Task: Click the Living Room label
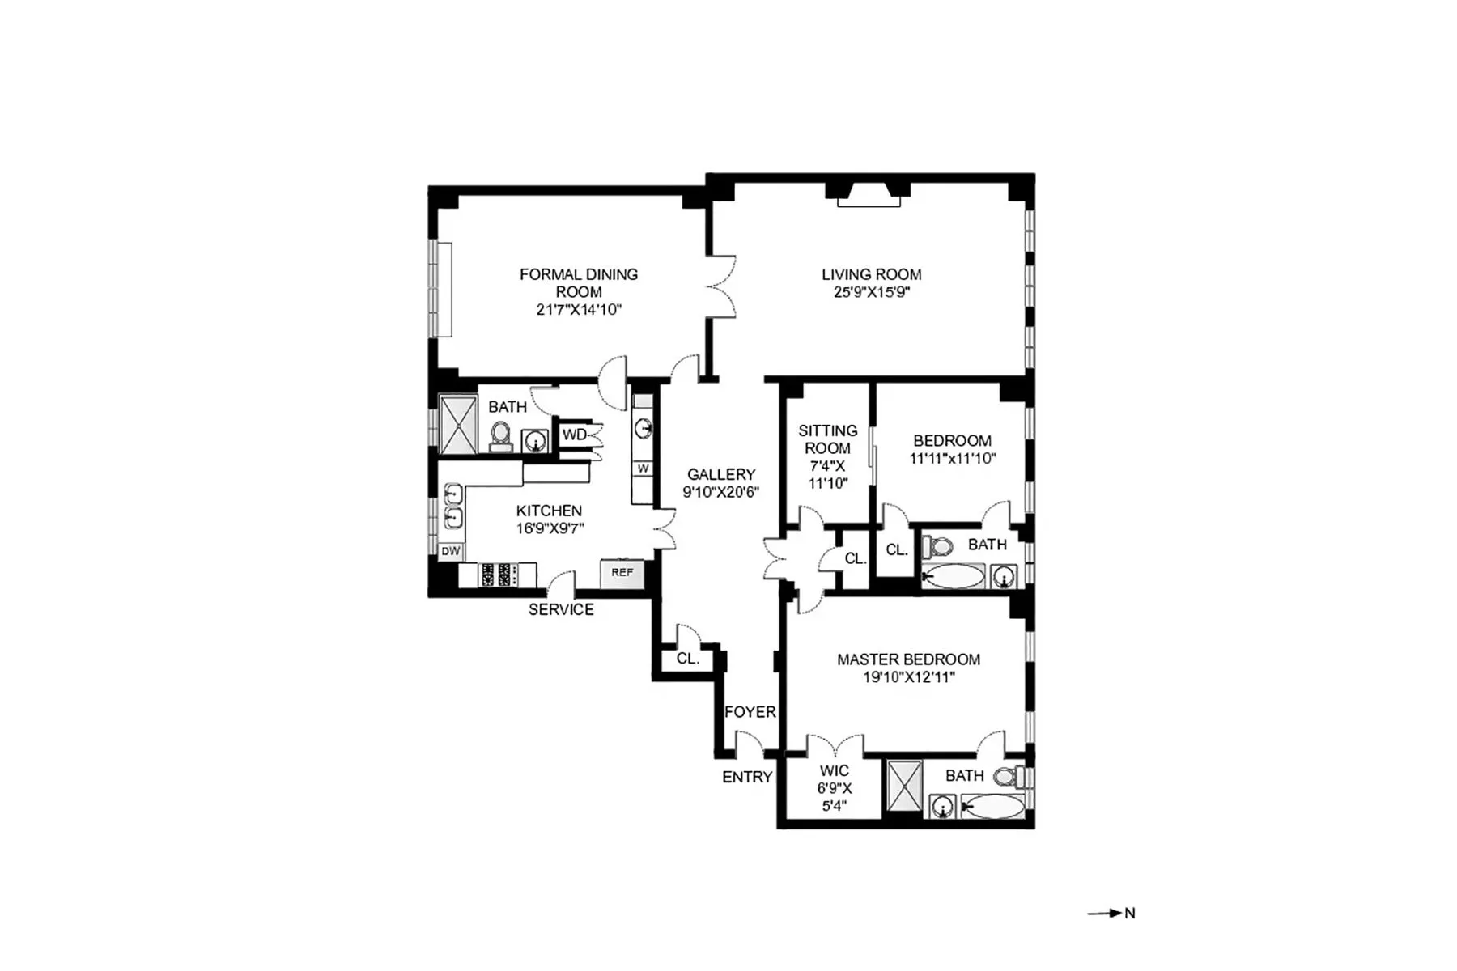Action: click(x=871, y=275)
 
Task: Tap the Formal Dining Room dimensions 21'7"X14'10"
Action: click(x=578, y=310)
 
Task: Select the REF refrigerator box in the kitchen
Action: click(x=622, y=572)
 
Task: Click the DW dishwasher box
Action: click(x=450, y=551)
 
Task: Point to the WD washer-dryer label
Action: click(x=574, y=435)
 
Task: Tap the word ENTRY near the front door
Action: click(x=746, y=777)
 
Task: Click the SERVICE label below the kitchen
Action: click(x=561, y=609)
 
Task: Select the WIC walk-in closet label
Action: click(x=834, y=771)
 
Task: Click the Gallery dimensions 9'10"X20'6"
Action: click(x=720, y=492)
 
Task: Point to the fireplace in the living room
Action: click(x=869, y=196)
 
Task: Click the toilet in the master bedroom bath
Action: click(x=1008, y=778)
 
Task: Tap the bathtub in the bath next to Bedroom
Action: click(x=954, y=577)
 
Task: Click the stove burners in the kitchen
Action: click(x=498, y=575)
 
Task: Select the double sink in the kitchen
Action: click(x=453, y=506)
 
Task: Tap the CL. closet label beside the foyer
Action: click(x=687, y=659)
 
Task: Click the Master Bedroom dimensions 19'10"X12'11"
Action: click(x=908, y=677)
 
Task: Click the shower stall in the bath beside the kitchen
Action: click(x=457, y=424)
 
